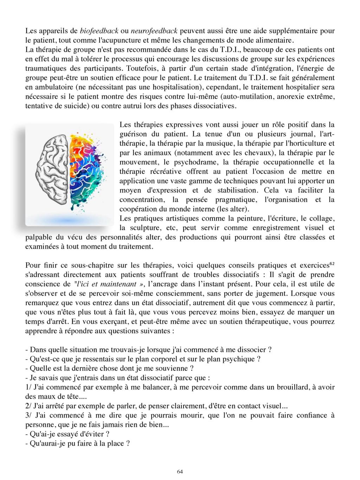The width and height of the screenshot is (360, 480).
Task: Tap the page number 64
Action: point(180,472)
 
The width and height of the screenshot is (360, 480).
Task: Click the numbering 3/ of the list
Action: point(29,415)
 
